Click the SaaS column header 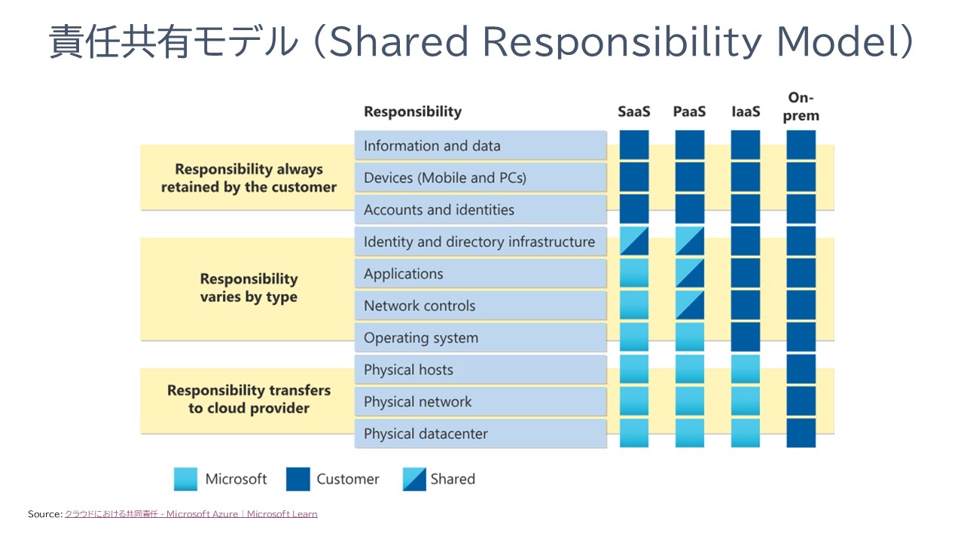click(633, 111)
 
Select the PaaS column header click(689, 111)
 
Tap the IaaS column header click(746, 111)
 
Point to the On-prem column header click(801, 107)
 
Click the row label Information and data click(432, 146)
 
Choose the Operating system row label click(420, 338)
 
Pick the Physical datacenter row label click(426, 434)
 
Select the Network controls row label click(419, 306)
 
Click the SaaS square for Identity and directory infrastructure click(634, 241)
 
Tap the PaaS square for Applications click(690, 273)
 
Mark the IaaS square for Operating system click(746, 337)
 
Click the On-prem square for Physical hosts click(801, 369)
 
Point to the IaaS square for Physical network click(746, 401)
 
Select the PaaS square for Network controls click(690, 305)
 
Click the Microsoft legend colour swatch click(185, 479)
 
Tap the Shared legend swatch click(414, 479)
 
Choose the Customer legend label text click(347, 479)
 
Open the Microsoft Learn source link click(191, 514)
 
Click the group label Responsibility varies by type click(249, 288)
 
